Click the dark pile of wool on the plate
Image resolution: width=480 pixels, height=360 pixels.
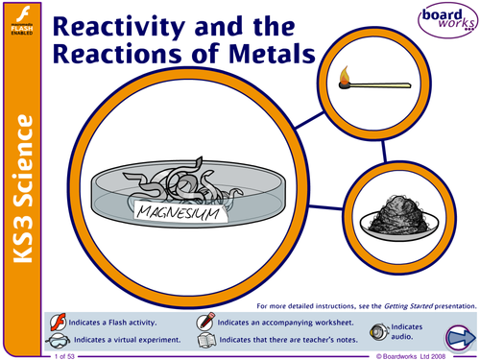pyautogui.click(x=390, y=208)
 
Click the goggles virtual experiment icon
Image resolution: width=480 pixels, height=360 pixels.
pyautogui.click(x=59, y=340)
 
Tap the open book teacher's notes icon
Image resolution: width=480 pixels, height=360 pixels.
pyautogui.click(x=204, y=340)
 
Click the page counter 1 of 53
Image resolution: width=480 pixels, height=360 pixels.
pyautogui.click(x=68, y=355)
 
